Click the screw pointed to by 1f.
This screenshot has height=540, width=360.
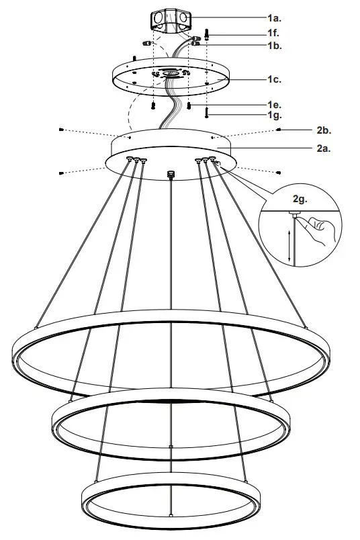coord(208,33)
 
